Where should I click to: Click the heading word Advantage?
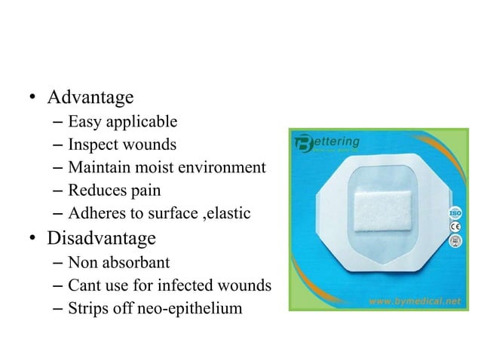[x=90, y=98]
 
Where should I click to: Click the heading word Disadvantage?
[x=102, y=239]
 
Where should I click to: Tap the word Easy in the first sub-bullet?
[x=82, y=121]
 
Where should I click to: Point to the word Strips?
[x=86, y=308]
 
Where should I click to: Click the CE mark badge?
[x=455, y=227]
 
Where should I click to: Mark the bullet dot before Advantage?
[x=34, y=99]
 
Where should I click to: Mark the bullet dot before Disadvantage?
[x=34, y=239]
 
